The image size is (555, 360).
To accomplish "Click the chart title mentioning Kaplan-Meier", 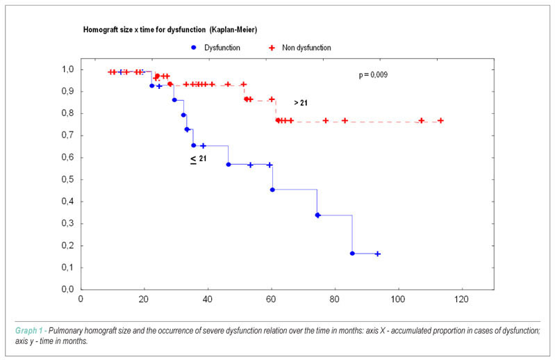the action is click(170, 30).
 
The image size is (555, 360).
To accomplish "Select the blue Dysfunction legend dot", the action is click(194, 47).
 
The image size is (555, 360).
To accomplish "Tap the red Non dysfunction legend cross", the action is click(272, 48).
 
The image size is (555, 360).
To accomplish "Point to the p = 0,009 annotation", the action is click(373, 74).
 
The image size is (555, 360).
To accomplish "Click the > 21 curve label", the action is click(301, 103).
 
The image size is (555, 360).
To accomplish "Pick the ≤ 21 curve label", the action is click(198, 159).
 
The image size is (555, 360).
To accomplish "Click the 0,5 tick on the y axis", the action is click(67, 179).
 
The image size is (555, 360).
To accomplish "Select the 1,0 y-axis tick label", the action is click(67, 69).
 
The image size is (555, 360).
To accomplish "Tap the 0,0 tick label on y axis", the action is click(67, 290).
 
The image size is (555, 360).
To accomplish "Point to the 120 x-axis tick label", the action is click(461, 300).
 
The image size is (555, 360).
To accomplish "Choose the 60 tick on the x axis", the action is click(271, 300).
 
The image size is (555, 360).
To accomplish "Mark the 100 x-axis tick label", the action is click(398, 300).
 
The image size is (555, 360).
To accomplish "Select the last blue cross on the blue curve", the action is click(378, 254).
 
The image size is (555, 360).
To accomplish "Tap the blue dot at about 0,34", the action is click(317, 215).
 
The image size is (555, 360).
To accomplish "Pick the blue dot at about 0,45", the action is click(272, 190).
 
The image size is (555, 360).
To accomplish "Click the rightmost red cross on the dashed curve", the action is click(440, 121).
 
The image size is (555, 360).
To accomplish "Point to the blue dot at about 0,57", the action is click(229, 165).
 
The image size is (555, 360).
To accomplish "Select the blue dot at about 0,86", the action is click(174, 100).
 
